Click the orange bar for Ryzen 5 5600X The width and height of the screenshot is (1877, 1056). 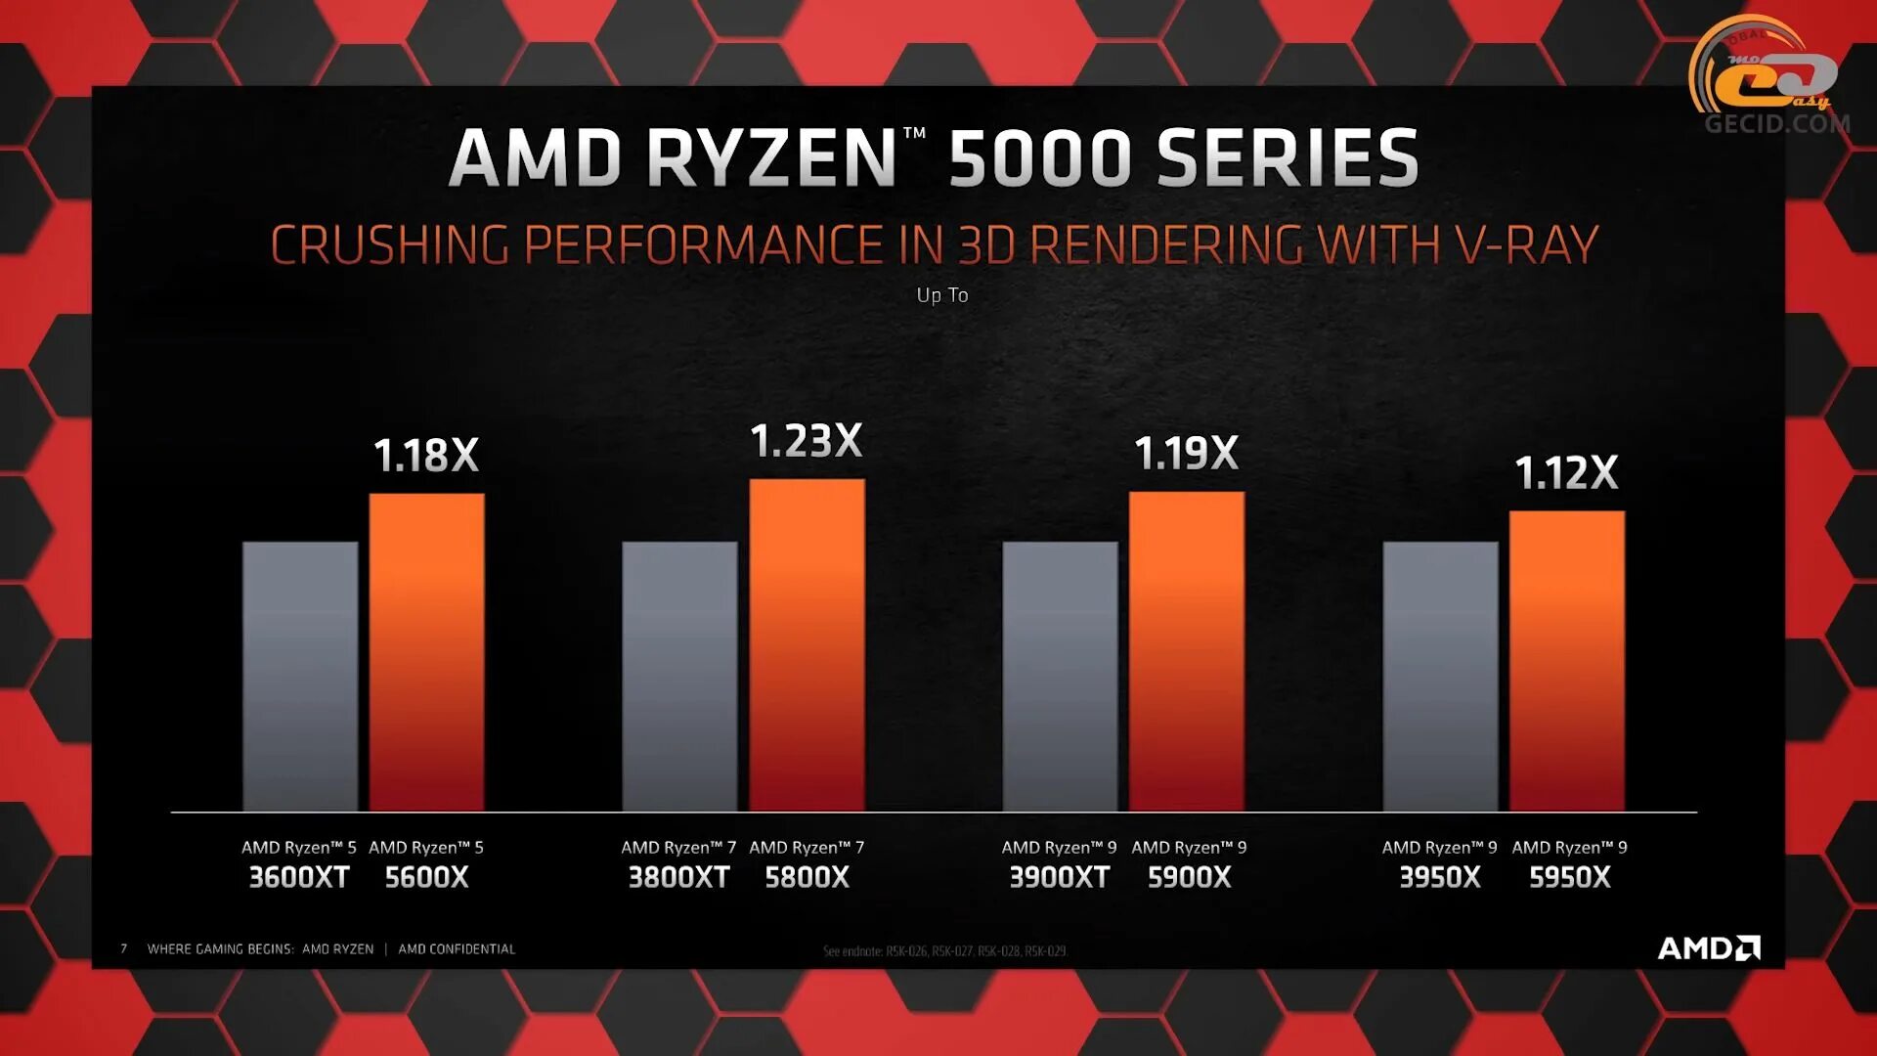[x=426, y=652]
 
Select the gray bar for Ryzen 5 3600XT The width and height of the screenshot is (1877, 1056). [x=300, y=676]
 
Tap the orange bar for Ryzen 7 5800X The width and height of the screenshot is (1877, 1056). [x=807, y=644]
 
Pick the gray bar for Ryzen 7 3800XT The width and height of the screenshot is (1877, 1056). [x=679, y=676]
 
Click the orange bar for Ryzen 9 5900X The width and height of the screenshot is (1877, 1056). [x=1187, y=651]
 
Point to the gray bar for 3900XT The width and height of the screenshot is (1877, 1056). [x=1060, y=676]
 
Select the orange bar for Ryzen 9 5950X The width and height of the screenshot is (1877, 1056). [x=1567, y=661]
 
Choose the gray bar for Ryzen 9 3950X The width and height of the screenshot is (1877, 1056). [x=1440, y=676]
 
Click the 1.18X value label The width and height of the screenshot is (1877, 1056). [x=426, y=456]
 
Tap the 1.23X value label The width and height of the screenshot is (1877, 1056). [x=807, y=441]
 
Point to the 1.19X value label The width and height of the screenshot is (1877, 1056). [x=1187, y=454]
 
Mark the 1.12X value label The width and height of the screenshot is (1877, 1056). [x=1567, y=473]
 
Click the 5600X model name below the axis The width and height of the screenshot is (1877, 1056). [x=426, y=877]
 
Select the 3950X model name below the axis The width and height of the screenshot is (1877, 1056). [x=1440, y=877]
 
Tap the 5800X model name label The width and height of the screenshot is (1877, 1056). [x=807, y=877]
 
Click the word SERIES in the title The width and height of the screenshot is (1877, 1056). [x=1288, y=157]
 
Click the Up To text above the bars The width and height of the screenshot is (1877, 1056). [x=942, y=295]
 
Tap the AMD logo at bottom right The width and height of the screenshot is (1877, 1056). [x=1709, y=947]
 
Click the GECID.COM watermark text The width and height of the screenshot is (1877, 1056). [x=1776, y=124]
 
